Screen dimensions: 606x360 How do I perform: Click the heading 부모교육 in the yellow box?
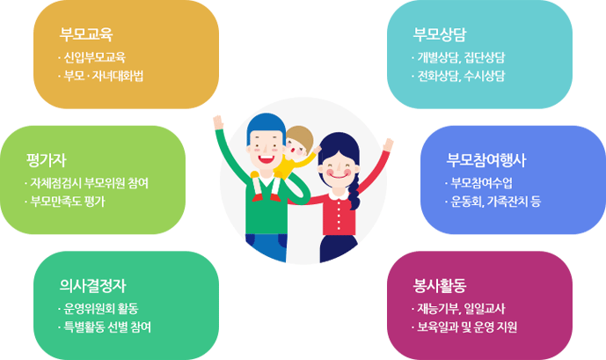(x=86, y=34)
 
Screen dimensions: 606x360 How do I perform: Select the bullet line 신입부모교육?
(x=95, y=57)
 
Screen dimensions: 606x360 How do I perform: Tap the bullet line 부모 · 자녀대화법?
(x=104, y=76)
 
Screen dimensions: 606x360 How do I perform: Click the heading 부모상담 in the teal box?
(x=440, y=34)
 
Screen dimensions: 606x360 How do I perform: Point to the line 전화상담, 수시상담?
(x=461, y=76)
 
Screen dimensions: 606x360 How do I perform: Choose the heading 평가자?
(x=47, y=160)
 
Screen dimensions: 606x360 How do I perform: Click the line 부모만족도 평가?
(x=68, y=202)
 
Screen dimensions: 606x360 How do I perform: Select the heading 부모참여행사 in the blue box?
(x=486, y=160)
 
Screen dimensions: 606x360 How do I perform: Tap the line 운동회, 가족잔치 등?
(x=496, y=202)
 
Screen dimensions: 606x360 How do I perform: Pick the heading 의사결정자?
(x=92, y=286)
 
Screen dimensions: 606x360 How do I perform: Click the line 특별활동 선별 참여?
(x=107, y=327)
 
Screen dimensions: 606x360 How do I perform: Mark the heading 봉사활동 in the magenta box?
(x=440, y=286)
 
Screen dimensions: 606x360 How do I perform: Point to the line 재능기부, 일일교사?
(x=461, y=309)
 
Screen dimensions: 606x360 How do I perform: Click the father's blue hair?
(x=266, y=124)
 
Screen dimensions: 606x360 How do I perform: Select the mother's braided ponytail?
(x=354, y=191)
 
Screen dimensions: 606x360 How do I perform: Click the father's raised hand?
(x=218, y=121)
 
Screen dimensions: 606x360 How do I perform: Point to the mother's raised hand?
(x=388, y=145)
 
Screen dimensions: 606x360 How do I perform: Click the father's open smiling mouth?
(x=266, y=158)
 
